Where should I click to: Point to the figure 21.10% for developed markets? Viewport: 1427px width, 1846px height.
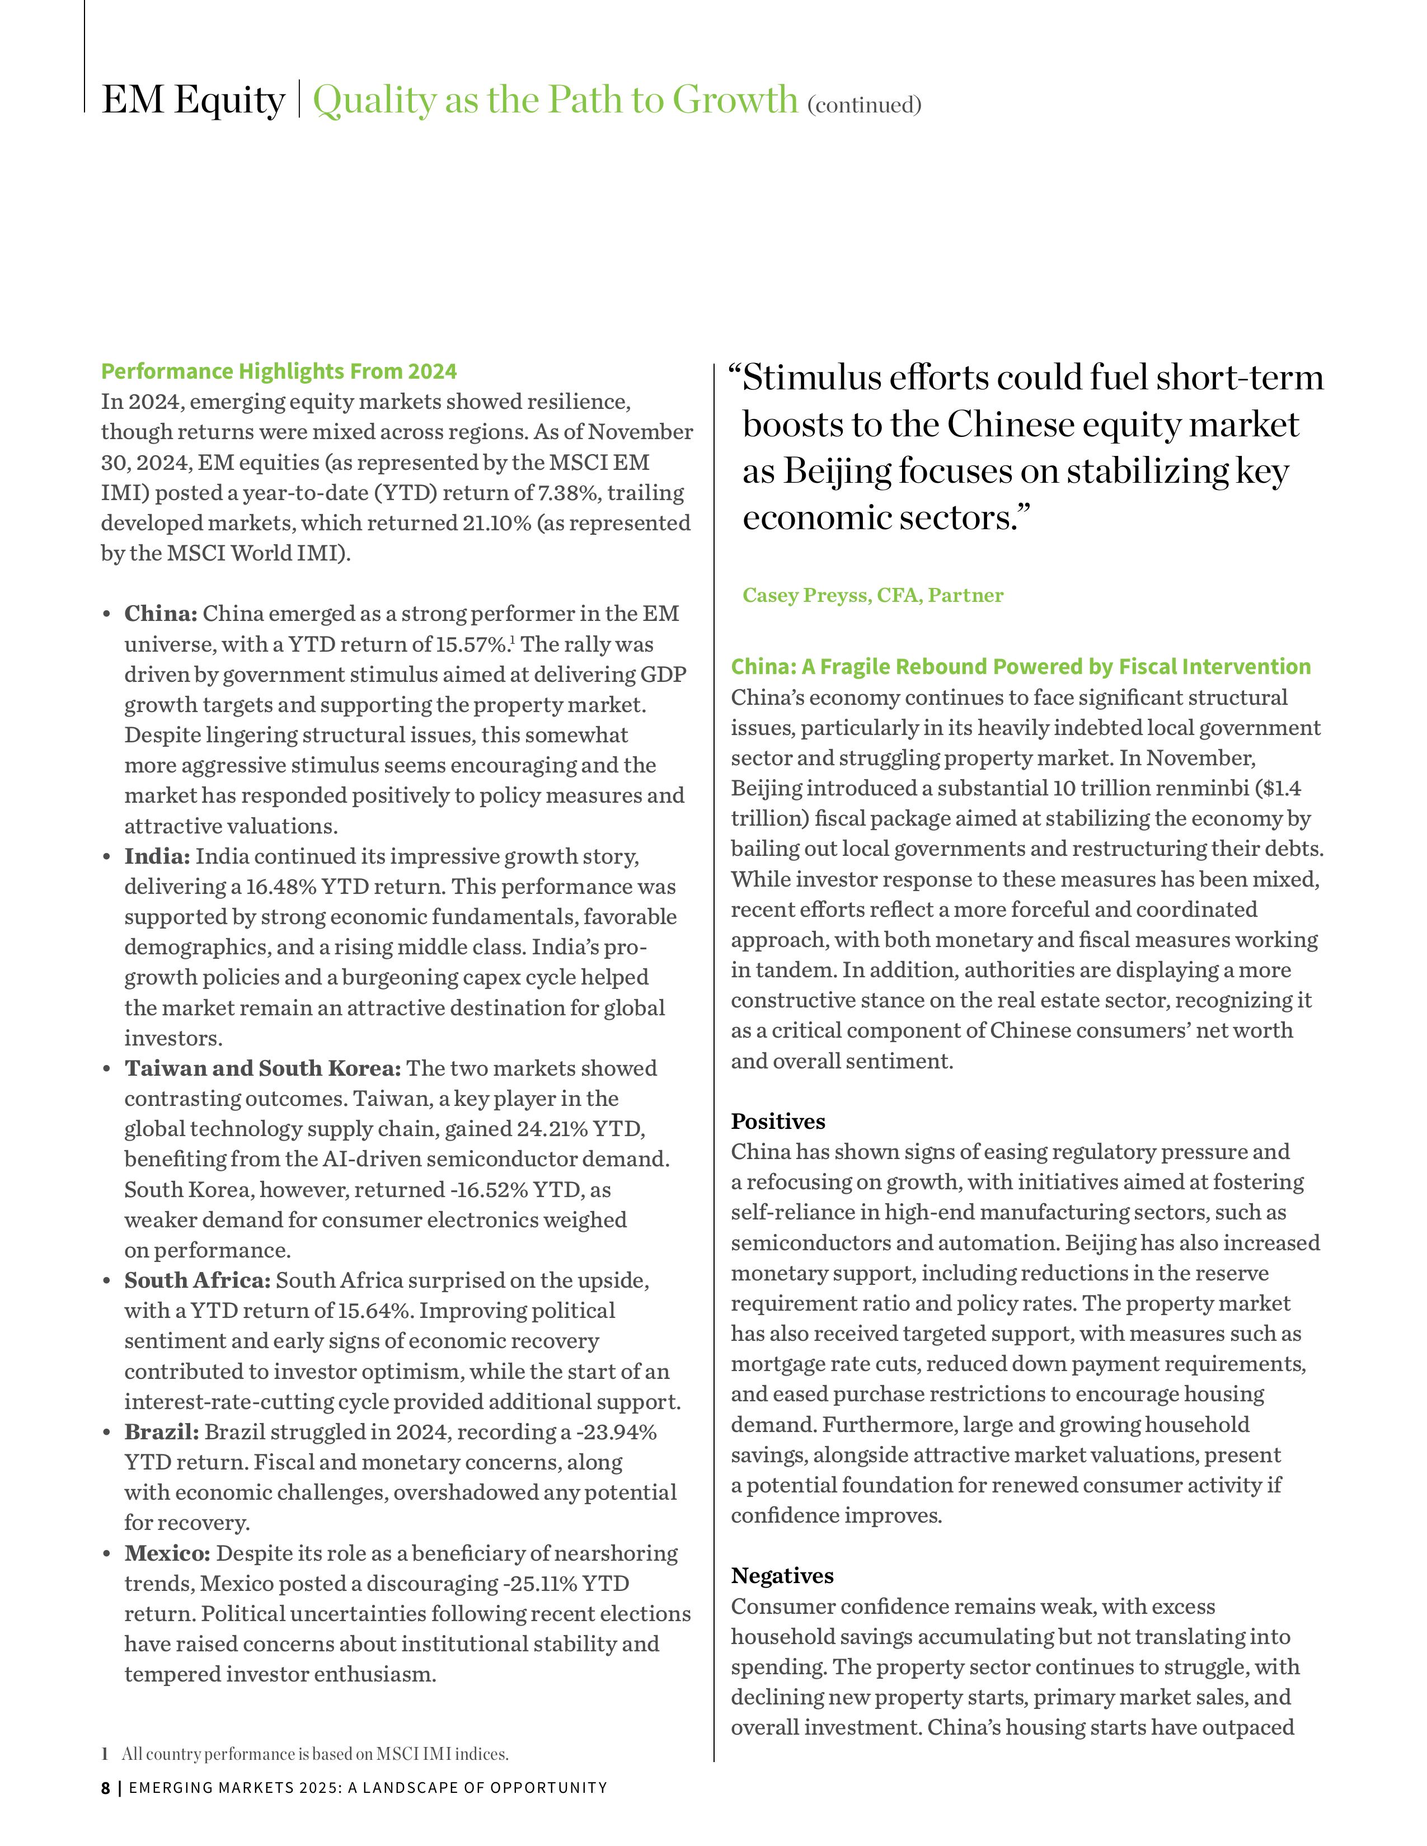point(496,523)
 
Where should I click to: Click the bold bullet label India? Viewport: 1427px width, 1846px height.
point(157,856)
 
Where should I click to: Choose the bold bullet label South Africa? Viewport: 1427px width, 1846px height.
point(198,1280)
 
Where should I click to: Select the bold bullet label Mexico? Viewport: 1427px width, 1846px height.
point(167,1553)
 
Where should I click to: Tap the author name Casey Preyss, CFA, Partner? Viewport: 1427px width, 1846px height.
point(872,595)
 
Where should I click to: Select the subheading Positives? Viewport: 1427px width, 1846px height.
point(778,1122)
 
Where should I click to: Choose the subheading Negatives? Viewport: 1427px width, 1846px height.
point(782,1575)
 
